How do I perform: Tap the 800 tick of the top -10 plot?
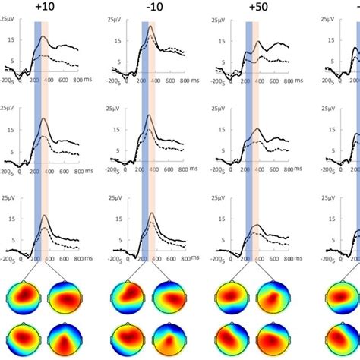[x=182, y=79]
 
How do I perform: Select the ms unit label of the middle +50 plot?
[x=306, y=173]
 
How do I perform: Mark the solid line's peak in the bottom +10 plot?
[x=45, y=216]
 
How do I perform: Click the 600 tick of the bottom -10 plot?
[x=168, y=258]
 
